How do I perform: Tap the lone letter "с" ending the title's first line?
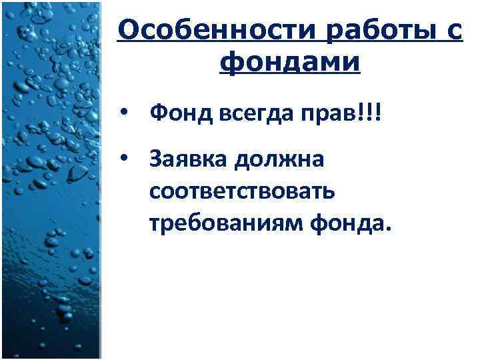(454, 31)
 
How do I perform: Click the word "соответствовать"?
(242, 192)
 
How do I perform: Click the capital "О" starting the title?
(127, 31)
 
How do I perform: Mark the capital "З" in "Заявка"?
(156, 160)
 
